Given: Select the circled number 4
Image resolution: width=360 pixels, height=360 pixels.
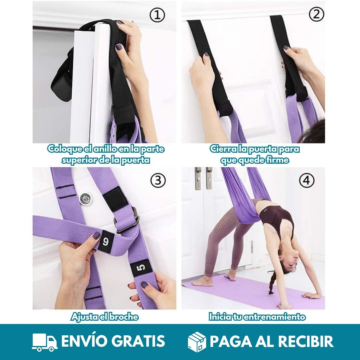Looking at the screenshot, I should [x=306, y=180].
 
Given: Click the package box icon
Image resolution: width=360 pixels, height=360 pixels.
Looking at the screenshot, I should [x=197, y=342].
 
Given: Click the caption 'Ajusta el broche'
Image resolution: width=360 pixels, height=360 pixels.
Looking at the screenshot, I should [x=104, y=317].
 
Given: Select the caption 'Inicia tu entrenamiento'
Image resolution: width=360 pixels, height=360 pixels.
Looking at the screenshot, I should [x=257, y=317].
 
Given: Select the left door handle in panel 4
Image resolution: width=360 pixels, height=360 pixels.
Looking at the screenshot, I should [x=198, y=178].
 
